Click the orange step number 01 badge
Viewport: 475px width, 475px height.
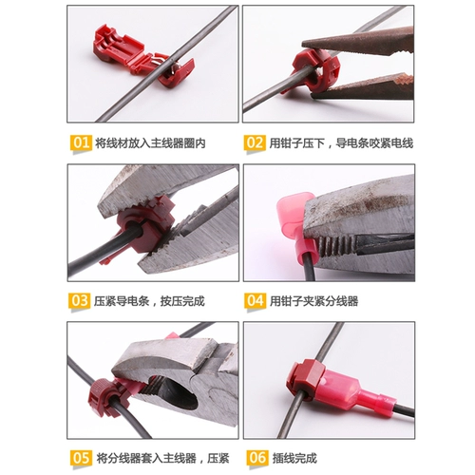[x=81, y=143]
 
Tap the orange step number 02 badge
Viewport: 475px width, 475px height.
[x=255, y=143]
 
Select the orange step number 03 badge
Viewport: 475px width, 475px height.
[x=79, y=300]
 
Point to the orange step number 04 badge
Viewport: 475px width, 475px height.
[x=255, y=300]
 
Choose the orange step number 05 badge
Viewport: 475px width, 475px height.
[x=81, y=458]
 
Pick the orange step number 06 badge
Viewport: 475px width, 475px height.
[x=257, y=458]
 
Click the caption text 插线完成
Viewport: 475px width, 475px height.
[x=294, y=458]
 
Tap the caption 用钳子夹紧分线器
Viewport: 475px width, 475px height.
[x=313, y=301]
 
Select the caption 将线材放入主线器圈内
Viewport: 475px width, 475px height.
[x=150, y=143]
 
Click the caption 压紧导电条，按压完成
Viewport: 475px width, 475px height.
[x=149, y=301]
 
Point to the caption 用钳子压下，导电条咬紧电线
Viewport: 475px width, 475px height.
[x=341, y=143]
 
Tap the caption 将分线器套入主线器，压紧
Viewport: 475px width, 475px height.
[x=162, y=458]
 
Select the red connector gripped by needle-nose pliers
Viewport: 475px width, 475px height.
[x=313, y=70]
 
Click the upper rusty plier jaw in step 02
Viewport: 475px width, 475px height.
[x=358, y=42]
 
